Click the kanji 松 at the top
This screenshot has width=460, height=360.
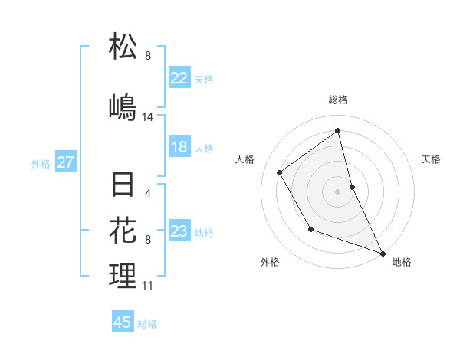coord(123,46)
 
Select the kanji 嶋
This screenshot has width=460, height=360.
coord(123,106)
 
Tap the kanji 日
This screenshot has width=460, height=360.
coord(123,185)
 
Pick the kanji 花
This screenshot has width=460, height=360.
coord(123,229)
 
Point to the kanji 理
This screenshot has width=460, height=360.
coord(123,275)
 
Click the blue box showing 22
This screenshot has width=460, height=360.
coord(179,77)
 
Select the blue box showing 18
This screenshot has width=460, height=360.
coord(179,147)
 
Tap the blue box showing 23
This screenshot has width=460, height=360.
coord(179,231)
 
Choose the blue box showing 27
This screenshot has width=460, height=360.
coord(66,162)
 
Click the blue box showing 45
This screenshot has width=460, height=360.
coord(123,322)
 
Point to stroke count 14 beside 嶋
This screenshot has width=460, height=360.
coord(148,117)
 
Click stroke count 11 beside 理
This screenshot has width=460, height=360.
coord(147,286)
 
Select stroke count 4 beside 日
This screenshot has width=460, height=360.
coord(148,194)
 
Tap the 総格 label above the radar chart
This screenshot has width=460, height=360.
coord(338,100)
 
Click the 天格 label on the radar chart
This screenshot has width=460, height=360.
coord(431,159)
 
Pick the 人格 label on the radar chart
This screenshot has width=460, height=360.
coord(245,159)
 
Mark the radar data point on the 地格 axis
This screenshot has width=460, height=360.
coord(383,254)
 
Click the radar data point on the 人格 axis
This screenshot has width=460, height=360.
coord(280,172)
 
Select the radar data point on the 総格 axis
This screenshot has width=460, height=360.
coord(338,130)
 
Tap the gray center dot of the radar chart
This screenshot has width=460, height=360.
coord(338,191)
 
